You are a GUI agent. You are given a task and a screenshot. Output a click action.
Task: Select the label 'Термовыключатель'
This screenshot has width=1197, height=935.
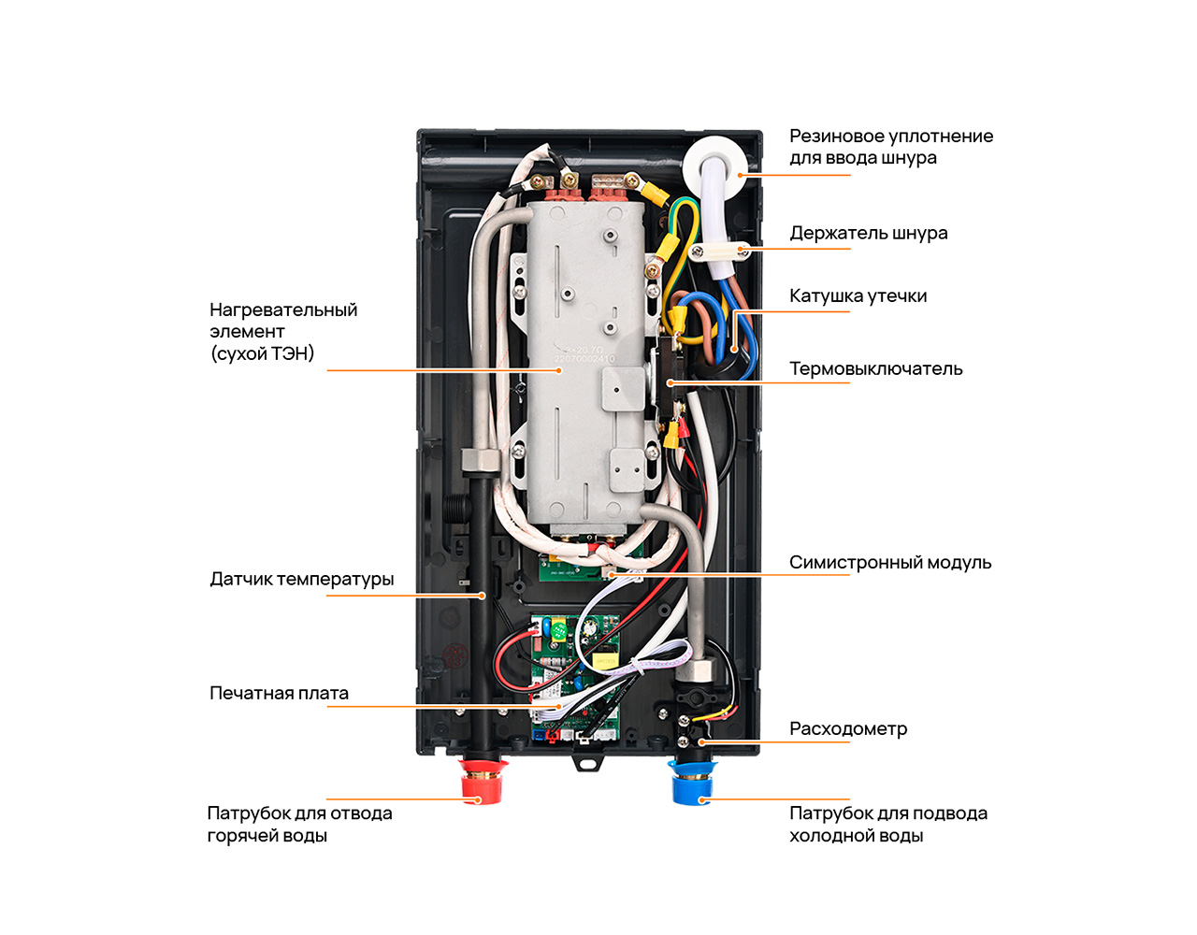pyautogui.click(x=875, y=369)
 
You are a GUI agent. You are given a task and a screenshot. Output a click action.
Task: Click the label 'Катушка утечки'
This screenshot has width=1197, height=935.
pyautogui.click(x=858, y=296)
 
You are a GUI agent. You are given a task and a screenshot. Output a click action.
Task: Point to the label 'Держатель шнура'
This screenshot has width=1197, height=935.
pyautogui.click(x=868, y=234)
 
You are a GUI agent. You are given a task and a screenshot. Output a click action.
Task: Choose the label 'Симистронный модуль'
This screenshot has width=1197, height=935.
pyautogui.click(x=889, y=562)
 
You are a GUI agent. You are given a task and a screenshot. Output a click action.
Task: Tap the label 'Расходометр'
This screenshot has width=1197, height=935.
pyautogui.click(x=848, y=729)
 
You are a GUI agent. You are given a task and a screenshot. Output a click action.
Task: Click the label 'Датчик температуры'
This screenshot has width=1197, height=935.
pyautogui.click(x=302, y=580)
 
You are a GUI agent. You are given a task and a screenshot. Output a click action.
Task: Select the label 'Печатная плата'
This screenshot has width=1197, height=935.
pyautogui.click(x=279, y=693)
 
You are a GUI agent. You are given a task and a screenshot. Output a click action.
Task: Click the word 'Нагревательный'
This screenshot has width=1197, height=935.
pyautogui.click(x=283, y=310)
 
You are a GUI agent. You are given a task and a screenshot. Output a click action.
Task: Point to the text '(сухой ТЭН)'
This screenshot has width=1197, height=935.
pyautogui.click(x=262, y=353)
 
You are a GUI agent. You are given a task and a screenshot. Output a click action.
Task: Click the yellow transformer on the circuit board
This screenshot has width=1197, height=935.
pyautogui.click(x=605, y=661)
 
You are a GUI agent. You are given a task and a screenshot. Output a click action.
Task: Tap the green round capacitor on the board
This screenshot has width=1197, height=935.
pyautogui.click(x=560, y=629)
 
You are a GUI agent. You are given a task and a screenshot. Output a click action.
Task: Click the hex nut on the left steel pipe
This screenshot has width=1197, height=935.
pyautogui.click(x=481, y=460)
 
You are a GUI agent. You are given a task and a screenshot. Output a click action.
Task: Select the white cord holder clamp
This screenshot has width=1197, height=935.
pyautogui.click(x=720, y=252)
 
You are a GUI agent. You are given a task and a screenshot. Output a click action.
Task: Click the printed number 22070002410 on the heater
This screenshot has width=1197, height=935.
pyautogui.click(x=584, y=359)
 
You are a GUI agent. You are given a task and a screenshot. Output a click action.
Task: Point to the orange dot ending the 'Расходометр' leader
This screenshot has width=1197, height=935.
pyautogui.click(x=701, y=742)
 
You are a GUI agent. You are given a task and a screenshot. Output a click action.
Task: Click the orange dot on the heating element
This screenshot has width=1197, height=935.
pyautogui.click(x=559, y=370)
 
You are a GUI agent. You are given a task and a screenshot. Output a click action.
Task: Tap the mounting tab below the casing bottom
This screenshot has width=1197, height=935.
pyautogui.click(x=587, y=763)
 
